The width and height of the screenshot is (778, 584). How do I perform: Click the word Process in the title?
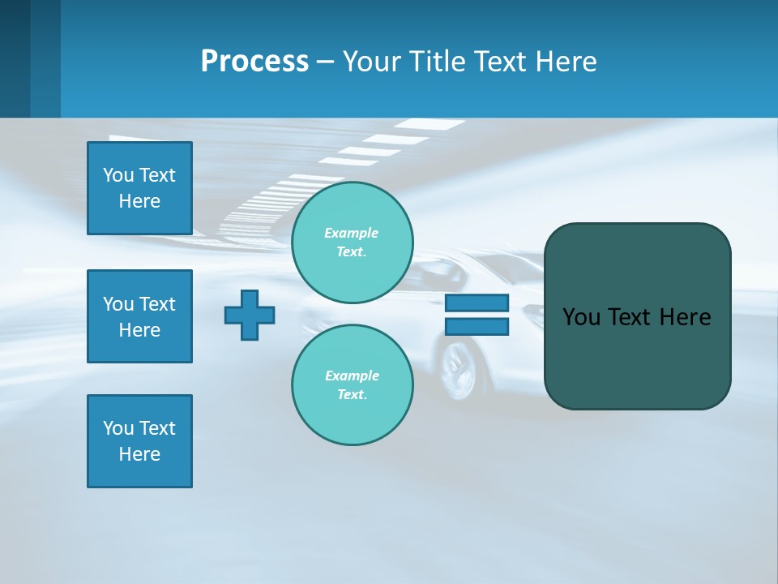point(254,62)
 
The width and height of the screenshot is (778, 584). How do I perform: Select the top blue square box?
point(139,188)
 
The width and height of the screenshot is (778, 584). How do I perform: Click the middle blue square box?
point(139,316)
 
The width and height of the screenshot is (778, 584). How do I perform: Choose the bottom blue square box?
point(139,441)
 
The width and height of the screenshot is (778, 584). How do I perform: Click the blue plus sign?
point(250,315)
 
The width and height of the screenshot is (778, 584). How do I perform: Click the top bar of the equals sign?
point(477,303)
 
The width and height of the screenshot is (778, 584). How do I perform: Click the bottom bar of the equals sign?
point(477,327)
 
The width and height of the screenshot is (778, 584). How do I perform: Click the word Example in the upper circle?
point(352,233)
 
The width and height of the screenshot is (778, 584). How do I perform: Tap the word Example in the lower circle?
point(352,376)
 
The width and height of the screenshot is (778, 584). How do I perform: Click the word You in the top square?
point(118,175)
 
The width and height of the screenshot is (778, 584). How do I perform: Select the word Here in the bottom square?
point(139,454)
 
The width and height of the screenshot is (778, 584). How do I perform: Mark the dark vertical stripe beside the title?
point(45,58)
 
